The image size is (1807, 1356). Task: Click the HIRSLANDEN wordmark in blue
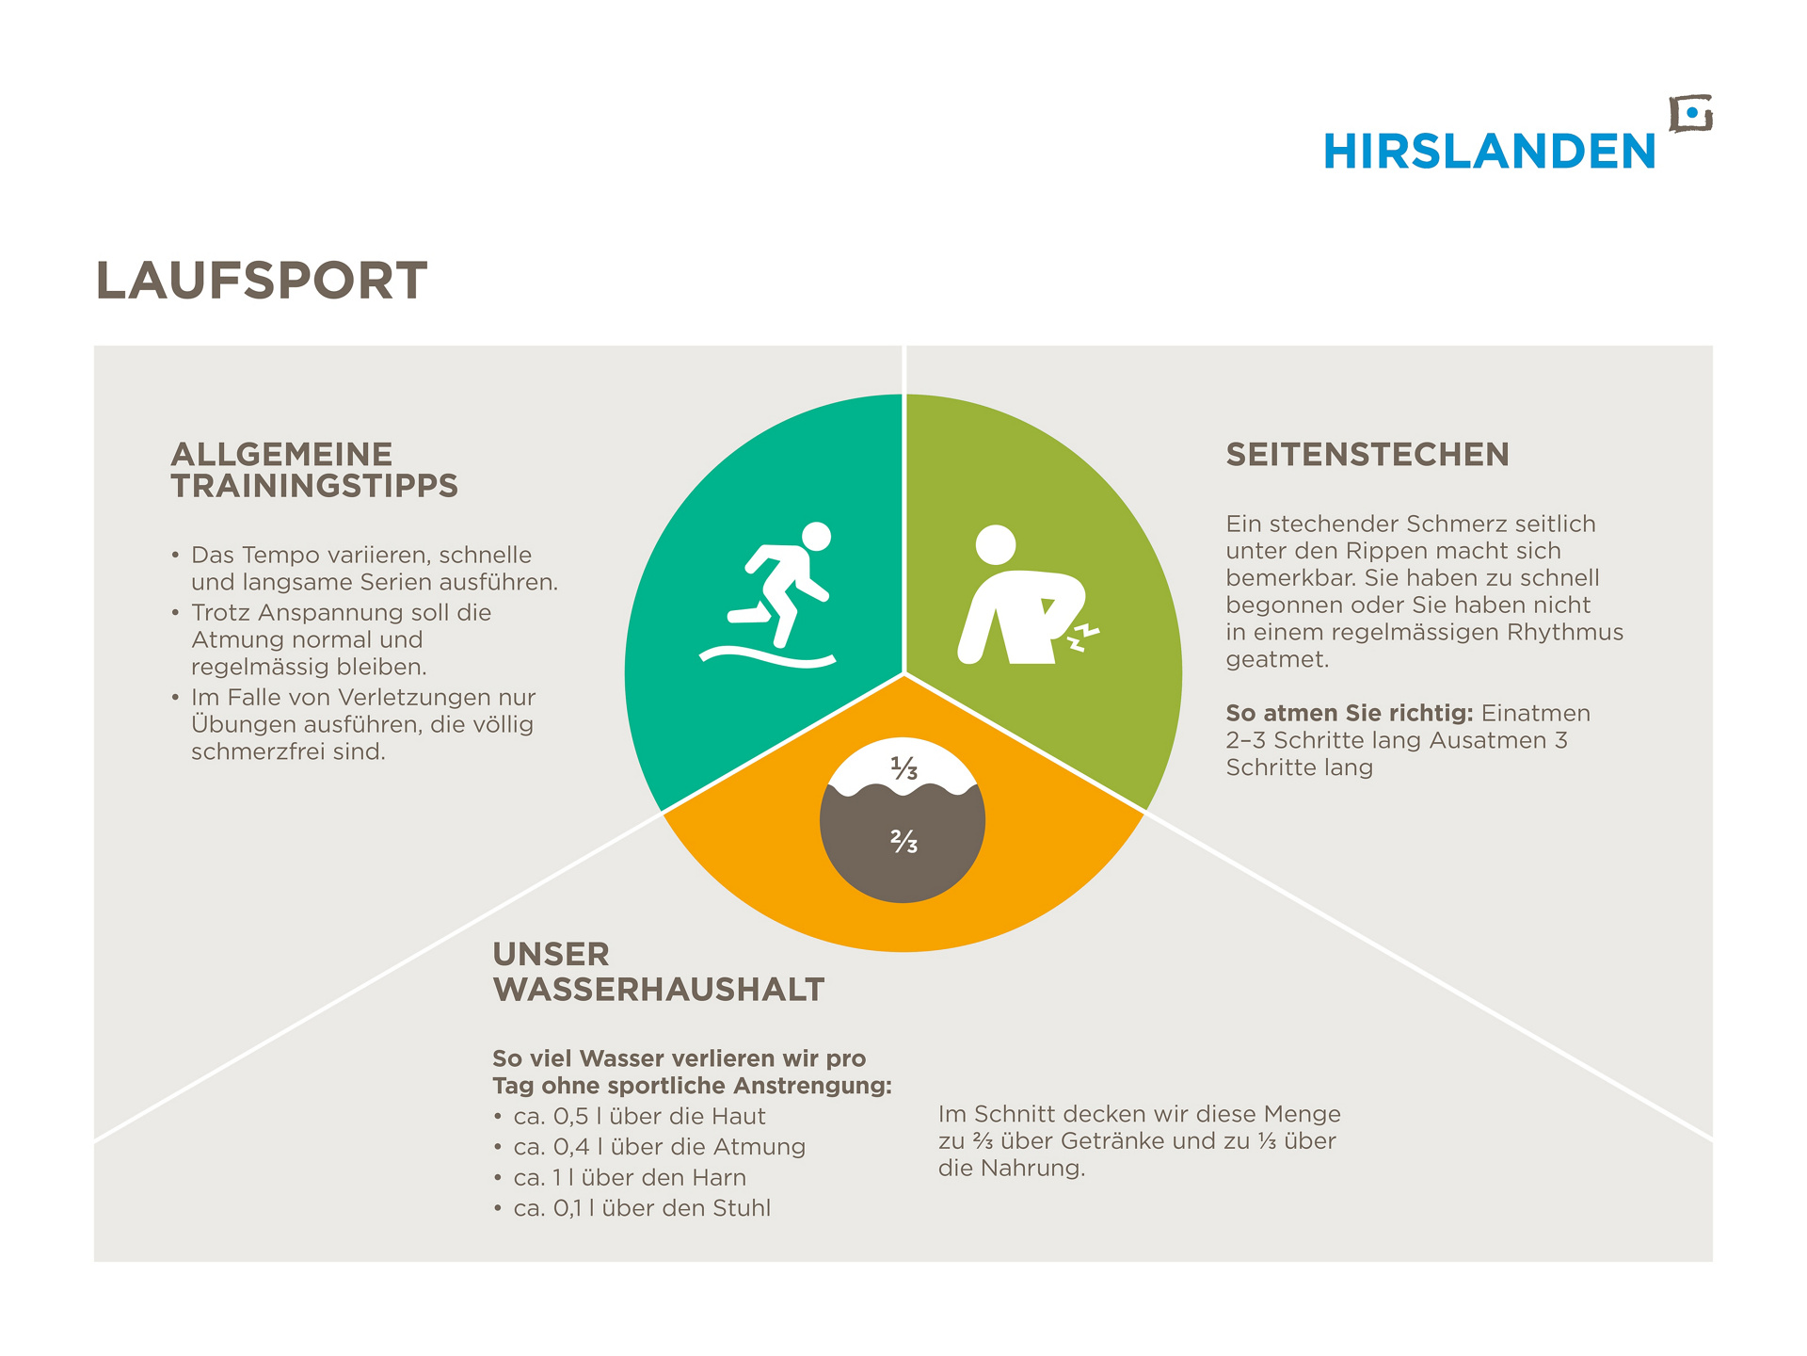tap(1489, 152)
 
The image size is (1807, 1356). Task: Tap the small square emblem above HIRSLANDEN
tap(1690, 114)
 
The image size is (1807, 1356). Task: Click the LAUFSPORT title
tap(262, 281)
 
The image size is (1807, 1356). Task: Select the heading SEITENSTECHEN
tap(1367, 455)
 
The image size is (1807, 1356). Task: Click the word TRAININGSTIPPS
tap(314, 486)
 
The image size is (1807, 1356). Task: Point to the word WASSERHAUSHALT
tap(659, 990)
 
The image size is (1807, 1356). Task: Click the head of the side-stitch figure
tap(996, 544)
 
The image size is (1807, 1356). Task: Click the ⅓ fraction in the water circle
tap(903, 768)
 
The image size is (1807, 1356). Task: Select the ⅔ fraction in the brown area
tap(903, 841)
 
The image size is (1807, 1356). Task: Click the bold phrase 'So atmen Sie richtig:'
tap(1350, 713)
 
